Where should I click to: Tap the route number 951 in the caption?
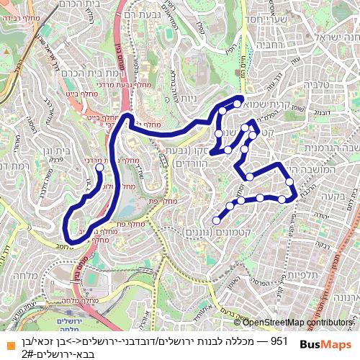(279, 338)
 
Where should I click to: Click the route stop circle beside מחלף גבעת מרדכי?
(99, 167)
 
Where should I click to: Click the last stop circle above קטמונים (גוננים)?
(216, 220)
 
